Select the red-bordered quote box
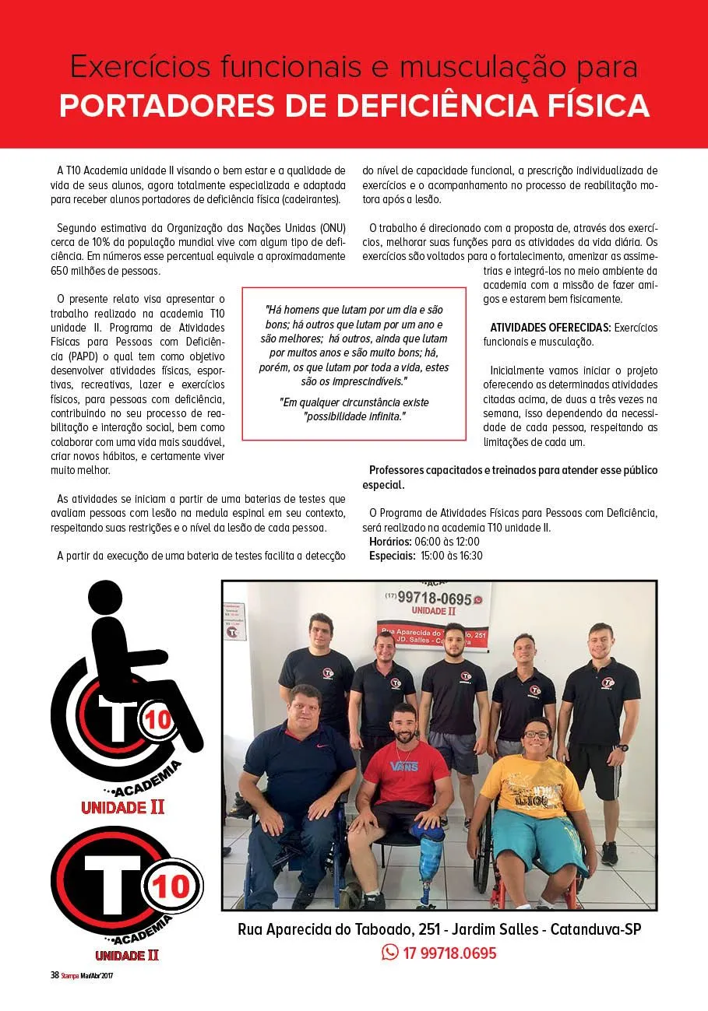[x=354, y=363]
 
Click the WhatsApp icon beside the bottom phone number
[x=389, y=952]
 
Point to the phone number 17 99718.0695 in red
[x=449, y=953]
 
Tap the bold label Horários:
[x=391, y=542]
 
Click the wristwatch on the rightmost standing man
[x=620, y=747]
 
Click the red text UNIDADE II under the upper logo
[x=123, y=807]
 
